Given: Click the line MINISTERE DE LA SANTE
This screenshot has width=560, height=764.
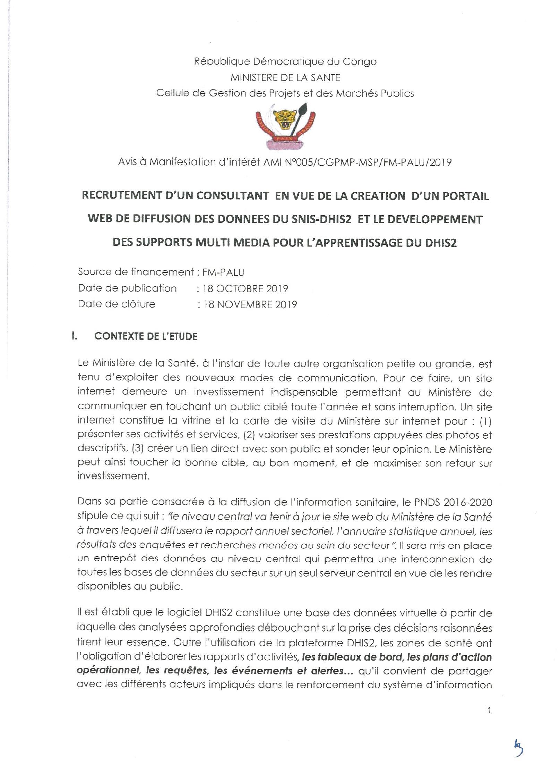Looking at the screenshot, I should (285, 77).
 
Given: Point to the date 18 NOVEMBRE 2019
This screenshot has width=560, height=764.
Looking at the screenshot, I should (250, 304).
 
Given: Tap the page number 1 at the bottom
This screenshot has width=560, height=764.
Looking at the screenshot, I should (489, 710).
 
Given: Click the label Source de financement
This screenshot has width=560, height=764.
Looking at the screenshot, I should (135, 272).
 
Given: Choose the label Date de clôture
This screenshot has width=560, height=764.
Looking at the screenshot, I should (117, 304).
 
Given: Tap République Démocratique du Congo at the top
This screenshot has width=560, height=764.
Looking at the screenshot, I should (285, 62).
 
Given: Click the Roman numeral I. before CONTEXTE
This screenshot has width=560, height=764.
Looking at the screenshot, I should (74, 336).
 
